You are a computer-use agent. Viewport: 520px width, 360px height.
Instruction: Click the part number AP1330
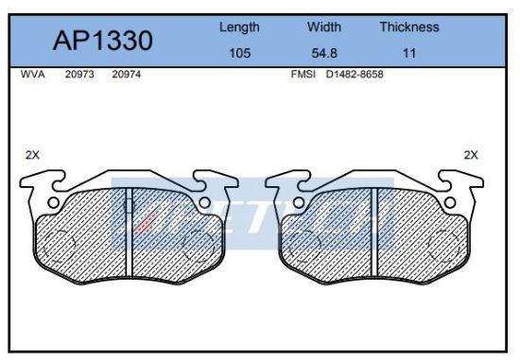click(x=102, y=41)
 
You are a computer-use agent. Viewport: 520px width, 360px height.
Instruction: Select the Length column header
click(x=239, y=27)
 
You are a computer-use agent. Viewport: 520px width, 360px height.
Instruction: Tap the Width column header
click(x=324, y=27)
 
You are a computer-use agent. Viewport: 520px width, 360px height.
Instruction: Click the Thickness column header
click(x=408, y=27)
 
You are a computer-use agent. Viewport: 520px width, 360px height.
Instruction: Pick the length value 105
click(x=239, y=53)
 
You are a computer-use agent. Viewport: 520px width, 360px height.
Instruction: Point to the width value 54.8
click(x=324, y=53)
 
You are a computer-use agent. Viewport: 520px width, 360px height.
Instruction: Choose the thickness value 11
click(x=408, y=53)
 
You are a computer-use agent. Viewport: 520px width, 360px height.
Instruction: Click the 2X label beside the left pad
click(x=31, y=156)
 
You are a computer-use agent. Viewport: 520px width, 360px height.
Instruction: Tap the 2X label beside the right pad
click(x=470, y=154)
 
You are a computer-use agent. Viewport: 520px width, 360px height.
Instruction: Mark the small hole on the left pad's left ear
click(x=54, y=202)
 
